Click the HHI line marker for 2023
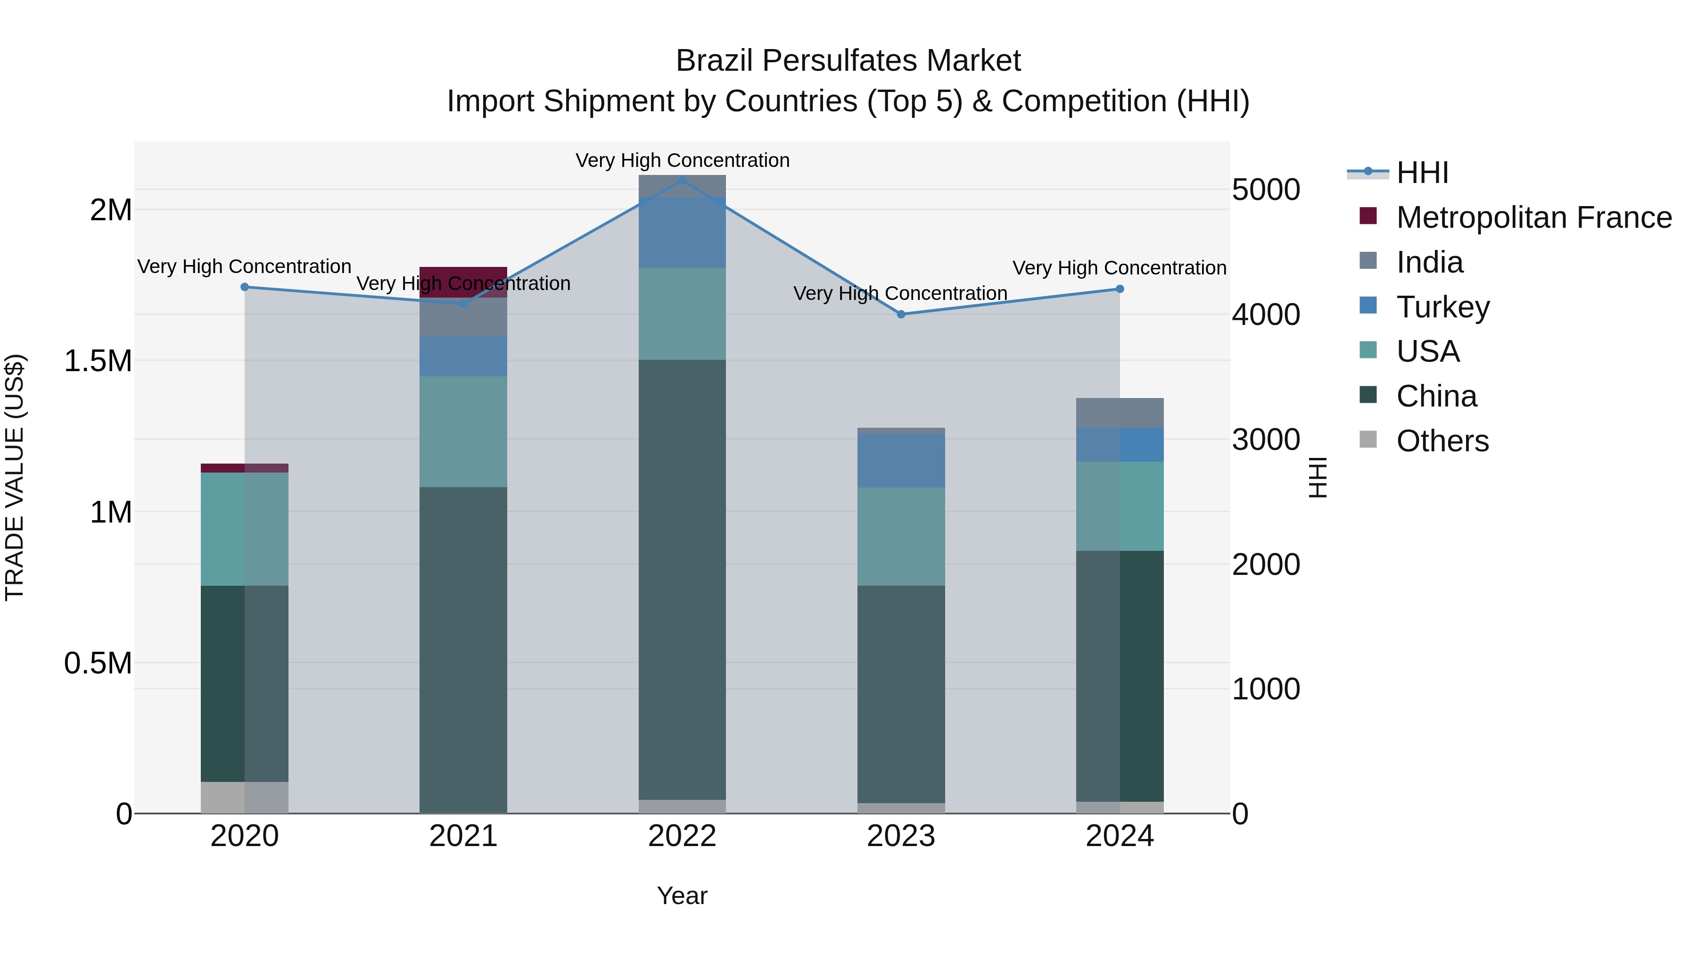coord(901,315)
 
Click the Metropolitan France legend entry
coord(1533,217)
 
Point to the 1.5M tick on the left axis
coord(98,361)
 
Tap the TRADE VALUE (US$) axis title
coord(15,477)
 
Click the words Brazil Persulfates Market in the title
coord(848,61)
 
